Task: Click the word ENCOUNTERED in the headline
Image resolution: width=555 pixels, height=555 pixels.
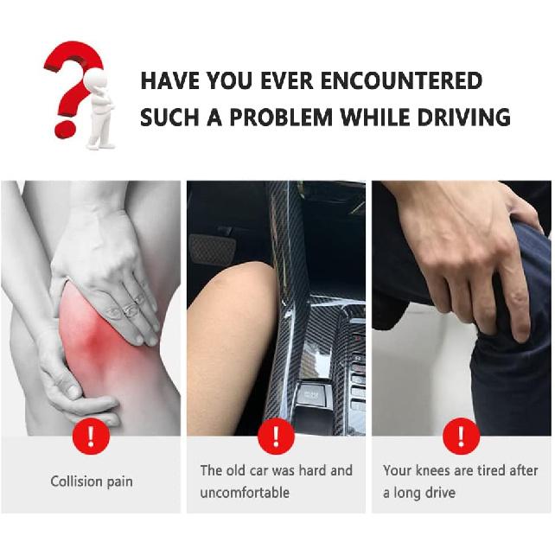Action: (x=401, y=81)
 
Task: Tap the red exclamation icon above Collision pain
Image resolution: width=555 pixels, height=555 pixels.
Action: (x=92, y=437)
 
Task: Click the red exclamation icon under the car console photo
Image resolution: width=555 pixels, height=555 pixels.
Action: (x=276, y=437)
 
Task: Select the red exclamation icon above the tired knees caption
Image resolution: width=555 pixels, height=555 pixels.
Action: (x=461, y=437)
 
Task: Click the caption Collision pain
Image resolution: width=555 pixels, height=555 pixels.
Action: (x=92, y=482)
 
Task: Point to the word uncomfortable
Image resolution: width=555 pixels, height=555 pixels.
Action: (x=245, y=493)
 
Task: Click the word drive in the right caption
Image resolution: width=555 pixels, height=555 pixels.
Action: (x=438, y=493)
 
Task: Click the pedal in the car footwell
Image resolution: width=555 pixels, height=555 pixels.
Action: (x=213, y=249)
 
